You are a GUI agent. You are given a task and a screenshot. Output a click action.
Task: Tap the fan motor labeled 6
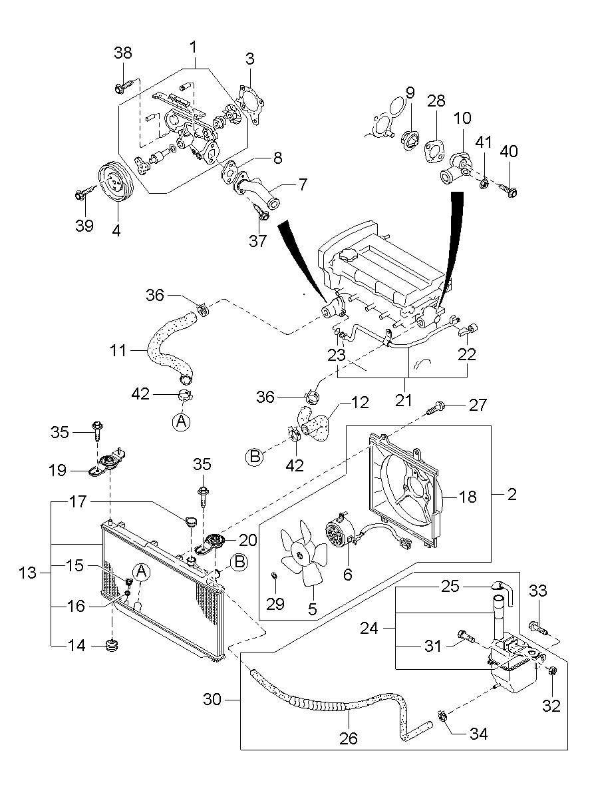point(339,534)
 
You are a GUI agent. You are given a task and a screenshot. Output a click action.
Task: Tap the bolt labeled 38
point(123,87)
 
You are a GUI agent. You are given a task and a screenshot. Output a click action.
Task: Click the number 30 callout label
point(213,698)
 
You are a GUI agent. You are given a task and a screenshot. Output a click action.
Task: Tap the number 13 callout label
point(28,572)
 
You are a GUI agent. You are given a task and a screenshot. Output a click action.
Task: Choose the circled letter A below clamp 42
point(181,421)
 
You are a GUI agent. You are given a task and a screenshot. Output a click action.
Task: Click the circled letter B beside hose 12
point(255,457)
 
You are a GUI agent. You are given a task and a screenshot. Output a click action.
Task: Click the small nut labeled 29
point(273,574)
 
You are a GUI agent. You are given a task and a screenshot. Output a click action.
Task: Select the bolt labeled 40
point(508,189)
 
